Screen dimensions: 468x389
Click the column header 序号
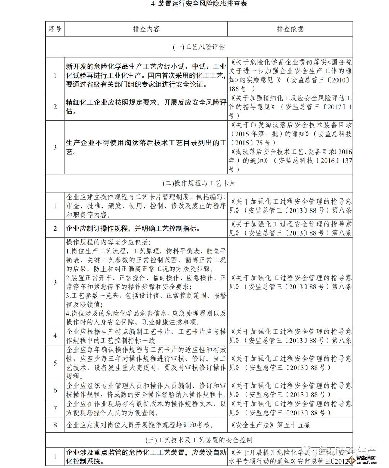click(x=55, y=29)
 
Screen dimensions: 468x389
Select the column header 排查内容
click(x=146, y=29)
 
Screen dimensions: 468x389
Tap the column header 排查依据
click(x=290, y=29)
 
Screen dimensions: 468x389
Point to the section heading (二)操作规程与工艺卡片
click(x=199, y=183)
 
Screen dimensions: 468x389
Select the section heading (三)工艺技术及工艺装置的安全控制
click(x=199, y=440)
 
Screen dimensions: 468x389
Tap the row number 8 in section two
click(x=55, y=425)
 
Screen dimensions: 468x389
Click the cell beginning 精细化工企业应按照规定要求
click(x=146, y=106)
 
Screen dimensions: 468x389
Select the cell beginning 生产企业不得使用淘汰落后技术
click(x=146, y=147)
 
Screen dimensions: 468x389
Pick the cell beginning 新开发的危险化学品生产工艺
click(x=146, y=75)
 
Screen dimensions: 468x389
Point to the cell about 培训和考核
click(x=142, y=425)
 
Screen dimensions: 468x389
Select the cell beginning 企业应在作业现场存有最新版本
click(x=146, y=408)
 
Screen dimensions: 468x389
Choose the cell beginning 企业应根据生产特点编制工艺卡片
click(x=146, y=336)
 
